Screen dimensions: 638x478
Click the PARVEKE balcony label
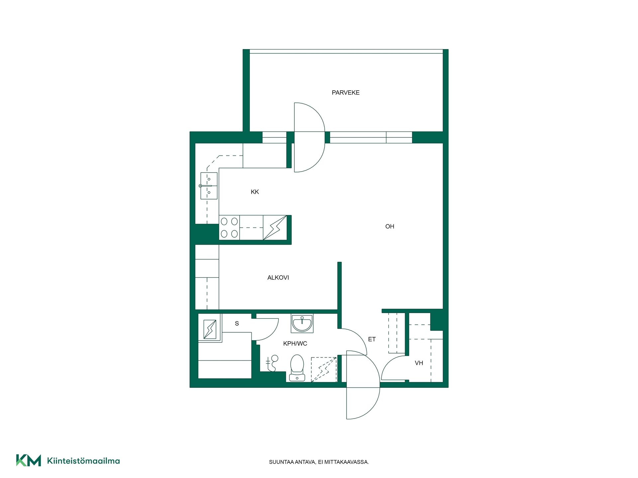coord(346,93)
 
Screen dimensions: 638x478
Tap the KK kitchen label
coord(255,192)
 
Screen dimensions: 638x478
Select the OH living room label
coord(390,226)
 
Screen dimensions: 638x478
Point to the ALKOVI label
coord(278,278)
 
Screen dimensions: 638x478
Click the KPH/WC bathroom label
coord(295,344)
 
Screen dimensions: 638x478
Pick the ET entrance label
coord(372,339)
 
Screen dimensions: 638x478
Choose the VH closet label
coord(419,363)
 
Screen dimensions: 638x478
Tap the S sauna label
coord(237,323)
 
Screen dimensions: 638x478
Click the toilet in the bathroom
coord(297,368)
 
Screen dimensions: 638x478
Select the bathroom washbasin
coord(302,323)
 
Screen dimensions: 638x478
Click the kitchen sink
coord(209,186)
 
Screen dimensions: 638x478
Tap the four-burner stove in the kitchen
coord(229,227)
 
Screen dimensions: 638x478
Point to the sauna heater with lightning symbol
coord(210,329)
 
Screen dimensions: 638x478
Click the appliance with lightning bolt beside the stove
coord(275,227)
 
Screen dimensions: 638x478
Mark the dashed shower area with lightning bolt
coord(324,369)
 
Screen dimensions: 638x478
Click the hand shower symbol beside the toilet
coord(272,363)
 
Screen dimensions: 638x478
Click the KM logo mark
coord(29,460)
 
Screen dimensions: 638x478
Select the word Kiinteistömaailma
coord(83,461)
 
